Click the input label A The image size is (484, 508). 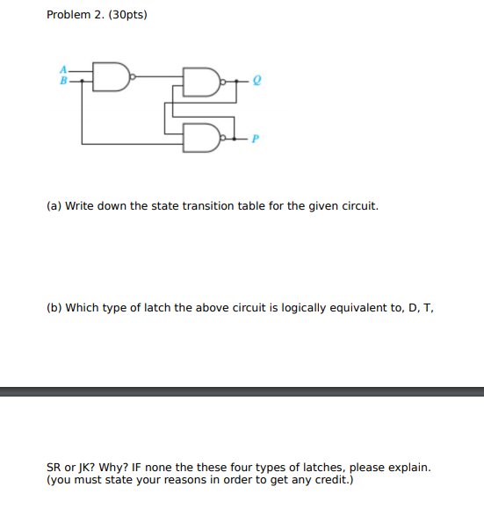(x=62, y=70)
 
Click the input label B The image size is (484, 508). (x=62, y=81)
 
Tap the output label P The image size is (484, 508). (x=257, y=138)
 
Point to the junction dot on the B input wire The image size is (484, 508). (x=82, y=81)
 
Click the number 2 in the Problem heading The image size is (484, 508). (x=98, y=16)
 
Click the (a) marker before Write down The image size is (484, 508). (x=54, y=206)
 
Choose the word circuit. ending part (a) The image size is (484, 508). (x=358, y=206)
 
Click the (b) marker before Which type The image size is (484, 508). (x=54, y=308)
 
